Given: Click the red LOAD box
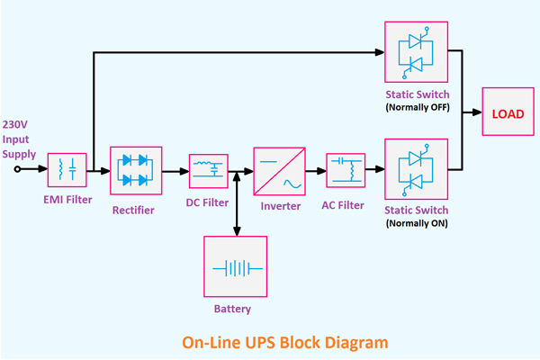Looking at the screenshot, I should point(508,112).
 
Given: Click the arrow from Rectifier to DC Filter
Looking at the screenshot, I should point(175,169).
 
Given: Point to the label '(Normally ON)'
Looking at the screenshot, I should point(416,222).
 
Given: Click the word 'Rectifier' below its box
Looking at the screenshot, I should point(133,211).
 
